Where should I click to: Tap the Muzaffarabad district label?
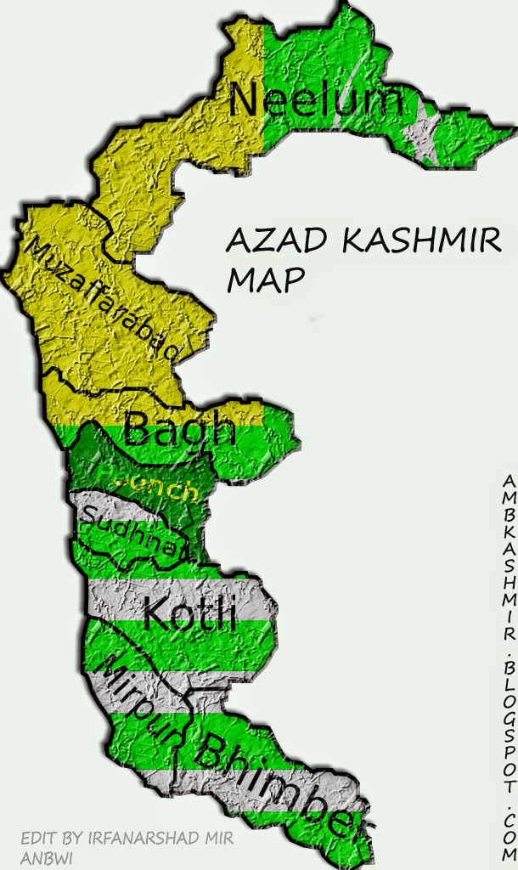coord(107,299)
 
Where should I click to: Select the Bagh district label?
coord(179,429)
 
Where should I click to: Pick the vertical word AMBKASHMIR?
coord(509,561)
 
